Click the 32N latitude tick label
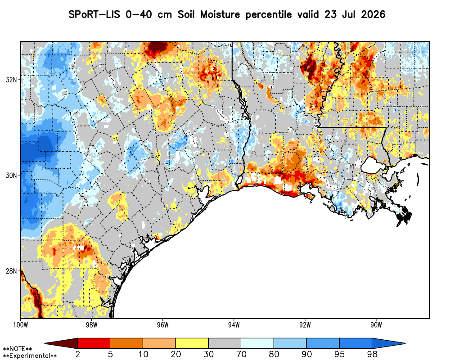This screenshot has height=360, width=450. tap(11, 80)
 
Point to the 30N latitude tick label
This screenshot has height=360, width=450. tap(11, 175)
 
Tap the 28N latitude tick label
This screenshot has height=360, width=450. tap(11, 271)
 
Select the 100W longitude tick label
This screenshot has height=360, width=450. tap(20, 325)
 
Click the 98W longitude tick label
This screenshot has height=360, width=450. tap(91, 325)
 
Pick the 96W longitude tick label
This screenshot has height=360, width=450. tap(163, 325)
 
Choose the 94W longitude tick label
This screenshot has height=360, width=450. tap(234, 325)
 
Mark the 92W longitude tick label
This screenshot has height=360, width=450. tap(305, 325)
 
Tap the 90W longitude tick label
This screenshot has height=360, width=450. tap(376, 325)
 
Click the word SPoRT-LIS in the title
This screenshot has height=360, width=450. tap(94, 14)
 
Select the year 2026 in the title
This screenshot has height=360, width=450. tap(373, 14)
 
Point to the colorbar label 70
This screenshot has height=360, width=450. tap(241, 354)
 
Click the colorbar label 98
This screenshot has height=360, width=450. tap(372, 354)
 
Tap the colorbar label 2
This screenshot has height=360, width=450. tap(78, 354)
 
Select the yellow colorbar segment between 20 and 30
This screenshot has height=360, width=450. tap(192, 343)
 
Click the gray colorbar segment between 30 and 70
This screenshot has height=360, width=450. tap(225, 343)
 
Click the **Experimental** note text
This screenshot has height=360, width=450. tap(30, 356)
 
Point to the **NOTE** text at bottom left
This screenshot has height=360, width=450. tap(18, 349)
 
